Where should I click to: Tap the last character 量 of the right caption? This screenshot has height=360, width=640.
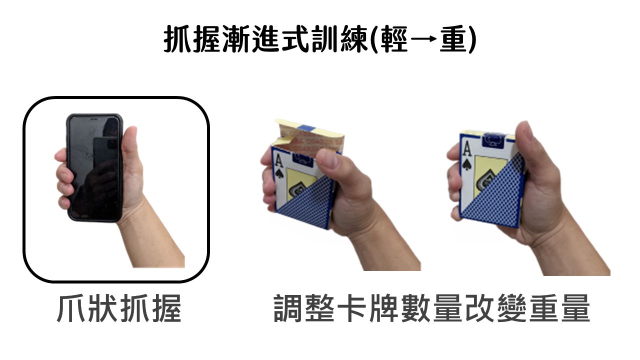point(575,308)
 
